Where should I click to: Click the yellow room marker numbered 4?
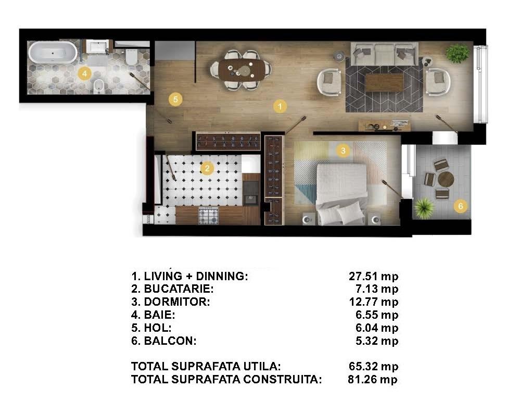coord(84,73)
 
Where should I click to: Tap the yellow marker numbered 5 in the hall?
coord(175,99)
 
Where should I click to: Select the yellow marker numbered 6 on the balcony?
coord(461,206)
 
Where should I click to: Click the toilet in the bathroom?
coord(131,57)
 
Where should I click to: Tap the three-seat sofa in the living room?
coord(384,54)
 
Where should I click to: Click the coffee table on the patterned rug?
coord(384,82)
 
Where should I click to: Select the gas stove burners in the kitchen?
coord(208,216)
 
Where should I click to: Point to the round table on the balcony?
coord(446,179)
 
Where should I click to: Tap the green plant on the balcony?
coord(424,208)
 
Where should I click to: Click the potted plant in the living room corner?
coord(457,53)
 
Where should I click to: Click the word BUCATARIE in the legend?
coord(179,289)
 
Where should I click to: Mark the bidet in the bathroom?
coord(99,86)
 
